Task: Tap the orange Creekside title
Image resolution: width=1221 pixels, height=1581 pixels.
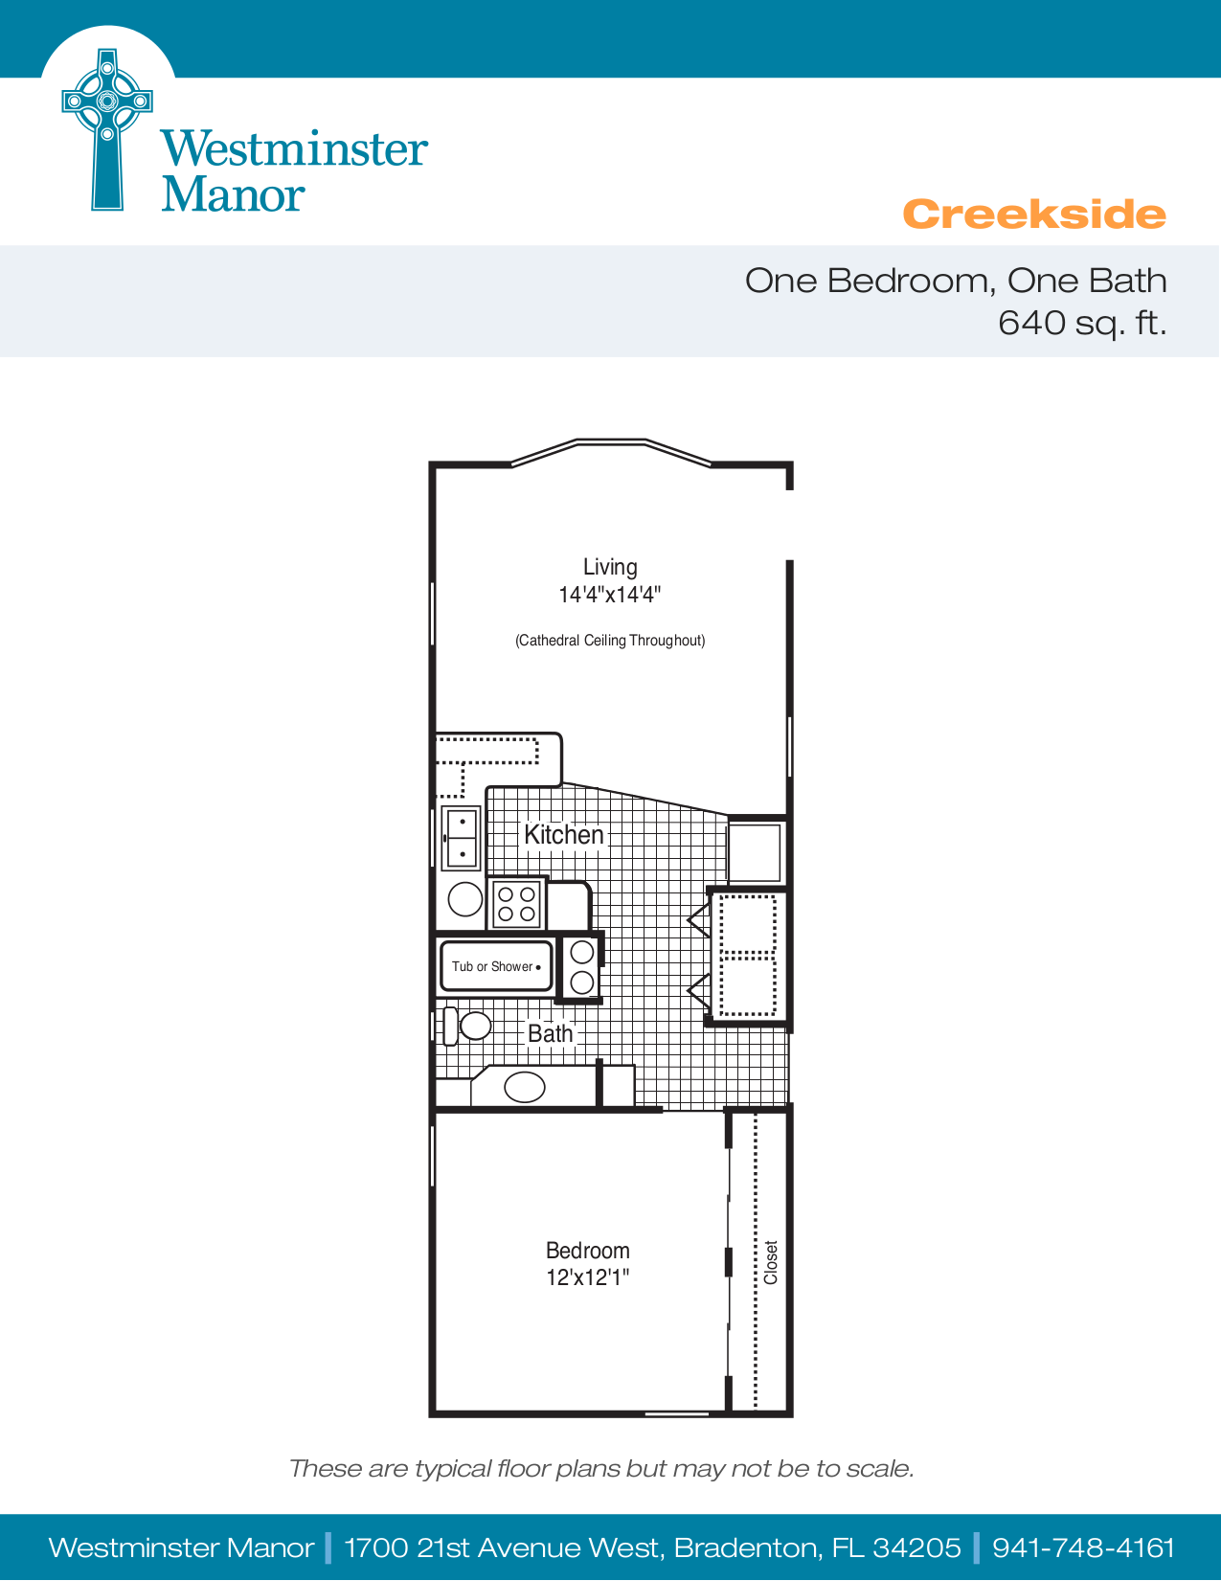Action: point(1033,215)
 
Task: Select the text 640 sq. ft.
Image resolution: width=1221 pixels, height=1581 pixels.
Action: point(1081,323)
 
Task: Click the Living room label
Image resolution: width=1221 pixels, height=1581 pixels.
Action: point(610,567)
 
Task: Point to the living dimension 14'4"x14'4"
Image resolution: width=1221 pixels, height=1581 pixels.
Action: point(610,595)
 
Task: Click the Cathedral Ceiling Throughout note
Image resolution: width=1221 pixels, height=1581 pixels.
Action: point(610,641)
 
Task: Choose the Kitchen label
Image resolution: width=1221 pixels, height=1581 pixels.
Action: point(564,835)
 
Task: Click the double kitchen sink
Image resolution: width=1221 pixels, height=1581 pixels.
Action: point(461,837)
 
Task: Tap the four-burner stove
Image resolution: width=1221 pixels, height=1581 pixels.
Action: point(516,903)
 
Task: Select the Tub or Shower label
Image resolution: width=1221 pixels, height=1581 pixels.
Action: point(491,967)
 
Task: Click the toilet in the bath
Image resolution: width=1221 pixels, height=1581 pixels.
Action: point(467,1026)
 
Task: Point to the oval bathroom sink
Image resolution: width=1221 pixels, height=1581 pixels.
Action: point(524,1087)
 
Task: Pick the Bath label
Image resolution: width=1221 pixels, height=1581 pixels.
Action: point(551,1034)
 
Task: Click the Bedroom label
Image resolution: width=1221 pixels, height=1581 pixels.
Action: point(588,1251)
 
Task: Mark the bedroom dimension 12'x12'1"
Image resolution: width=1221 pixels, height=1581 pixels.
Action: point(588,1277)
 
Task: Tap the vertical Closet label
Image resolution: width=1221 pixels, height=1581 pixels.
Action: point(771,1262)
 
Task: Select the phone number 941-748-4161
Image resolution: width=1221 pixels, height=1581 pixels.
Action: point(1083,1547)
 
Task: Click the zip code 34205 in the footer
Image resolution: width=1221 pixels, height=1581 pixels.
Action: point(916,1547)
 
